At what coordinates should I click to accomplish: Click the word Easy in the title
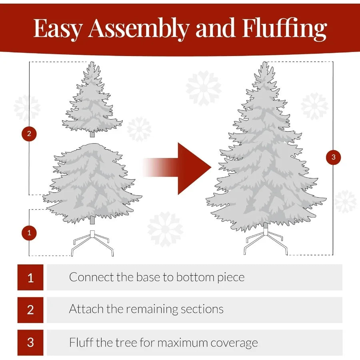point(58,29)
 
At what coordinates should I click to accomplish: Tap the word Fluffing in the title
point(284,29)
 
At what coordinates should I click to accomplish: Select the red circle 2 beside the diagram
point(29,134)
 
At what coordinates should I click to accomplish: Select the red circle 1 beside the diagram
point(29,232)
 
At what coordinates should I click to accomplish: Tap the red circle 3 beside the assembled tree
point(334,157)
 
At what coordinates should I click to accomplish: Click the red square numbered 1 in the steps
point(30,277)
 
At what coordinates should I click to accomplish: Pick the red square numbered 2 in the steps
point(30,310)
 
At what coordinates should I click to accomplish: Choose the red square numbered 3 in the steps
point(30,342)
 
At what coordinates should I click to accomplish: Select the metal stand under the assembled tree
point(266,242)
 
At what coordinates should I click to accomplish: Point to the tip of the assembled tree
point(264,64)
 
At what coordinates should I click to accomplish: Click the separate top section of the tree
point(92,100)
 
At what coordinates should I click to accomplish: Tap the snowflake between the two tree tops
point(203,88)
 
